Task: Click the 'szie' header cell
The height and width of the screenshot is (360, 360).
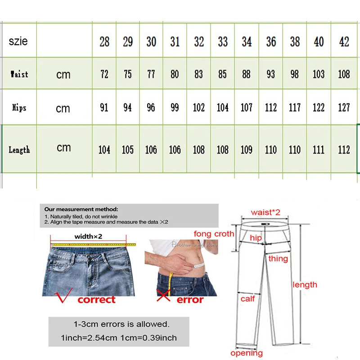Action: (x=18, y=41)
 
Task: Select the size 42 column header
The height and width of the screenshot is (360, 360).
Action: (x=344, y=42)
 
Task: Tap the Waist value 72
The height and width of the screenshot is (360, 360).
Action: (x=104, y=74)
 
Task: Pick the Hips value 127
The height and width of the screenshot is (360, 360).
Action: (x=344, y=108)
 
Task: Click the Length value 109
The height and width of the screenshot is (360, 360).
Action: (x=247, y=149)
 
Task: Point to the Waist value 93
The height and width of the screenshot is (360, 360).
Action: (x=270, y=74)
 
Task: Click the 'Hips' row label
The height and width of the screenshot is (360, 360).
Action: (x=19, y=108)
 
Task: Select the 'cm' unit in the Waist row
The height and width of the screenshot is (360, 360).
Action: (x=63, y=75)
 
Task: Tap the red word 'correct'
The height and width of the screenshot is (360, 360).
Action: (x=96, y=300)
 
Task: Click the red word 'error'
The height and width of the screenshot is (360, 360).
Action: (x=190, y=300)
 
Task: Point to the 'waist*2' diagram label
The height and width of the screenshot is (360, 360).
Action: (x=265, y=212)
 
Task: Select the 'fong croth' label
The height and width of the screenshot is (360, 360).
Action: (x=214, y=234)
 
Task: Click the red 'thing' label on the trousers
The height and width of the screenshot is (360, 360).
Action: (x=278, y=259)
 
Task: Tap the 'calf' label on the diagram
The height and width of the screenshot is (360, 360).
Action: (x=247, y=298)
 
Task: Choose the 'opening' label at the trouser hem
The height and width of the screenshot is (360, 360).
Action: (x=247, y=353)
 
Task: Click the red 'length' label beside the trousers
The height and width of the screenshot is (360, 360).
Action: (x=305, y=284)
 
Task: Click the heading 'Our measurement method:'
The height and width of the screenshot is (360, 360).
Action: (x=81, y=209)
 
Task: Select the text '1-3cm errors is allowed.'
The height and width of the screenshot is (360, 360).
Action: (x=121, y=324)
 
